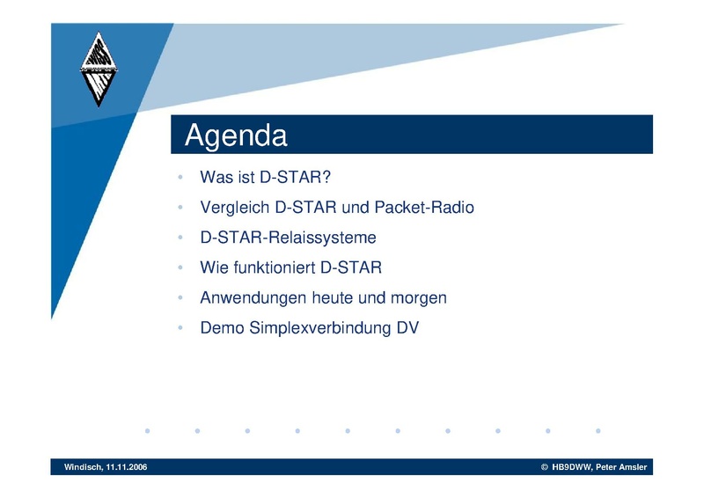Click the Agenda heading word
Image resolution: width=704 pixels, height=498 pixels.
tap(236, 135)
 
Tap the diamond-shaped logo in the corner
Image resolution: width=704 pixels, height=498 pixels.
tap(99, 70)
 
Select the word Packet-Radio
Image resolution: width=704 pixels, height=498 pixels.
tap(424, 208)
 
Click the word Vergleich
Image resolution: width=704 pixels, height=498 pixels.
tap(234, 208)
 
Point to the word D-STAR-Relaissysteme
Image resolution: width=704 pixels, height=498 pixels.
tap(289, 238)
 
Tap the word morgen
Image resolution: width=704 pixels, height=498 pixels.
tap(419, 298)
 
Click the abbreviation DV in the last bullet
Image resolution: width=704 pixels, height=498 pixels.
tap(407, 328)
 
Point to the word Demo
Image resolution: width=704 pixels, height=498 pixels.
tap(223, 328)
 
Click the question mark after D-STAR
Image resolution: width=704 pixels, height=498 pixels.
tap(326, 177)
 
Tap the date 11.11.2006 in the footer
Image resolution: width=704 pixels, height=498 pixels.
tap(127, 467)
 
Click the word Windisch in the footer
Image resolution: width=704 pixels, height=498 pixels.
tap(83, 467)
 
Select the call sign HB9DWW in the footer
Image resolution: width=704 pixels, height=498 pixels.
tap(572, 467)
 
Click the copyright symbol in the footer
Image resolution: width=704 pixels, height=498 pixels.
tap(545, 467)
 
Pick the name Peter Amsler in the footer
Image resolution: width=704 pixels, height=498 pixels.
tap(621, 467)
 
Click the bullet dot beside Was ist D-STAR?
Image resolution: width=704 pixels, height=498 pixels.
tap(180, 178)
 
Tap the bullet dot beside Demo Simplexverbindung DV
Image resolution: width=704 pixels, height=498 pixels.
tap(180, 328)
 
